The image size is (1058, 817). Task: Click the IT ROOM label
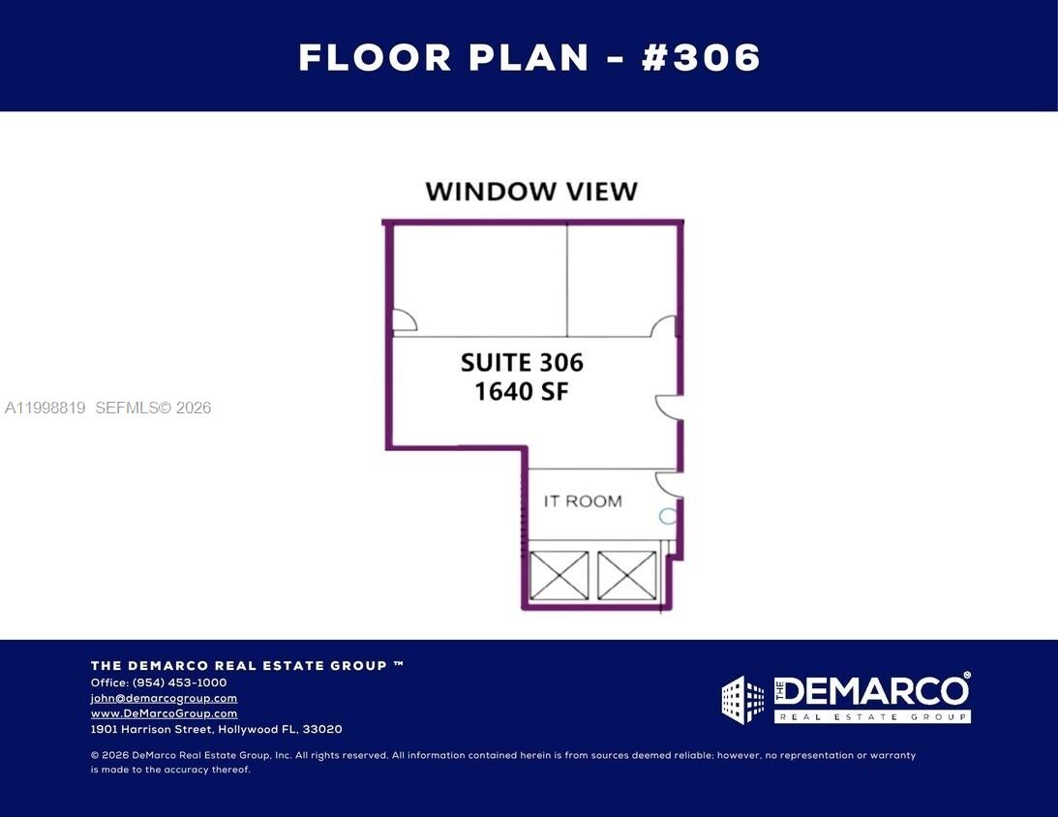pyautogui.click(x=582, y=500)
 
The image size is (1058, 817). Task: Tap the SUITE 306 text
pyautogui.click(x=522, y=363)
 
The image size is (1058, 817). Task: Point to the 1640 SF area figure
pyautogui.click(x=522, y=391)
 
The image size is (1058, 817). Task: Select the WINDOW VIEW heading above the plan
pyautogui.click(x=531, y=191)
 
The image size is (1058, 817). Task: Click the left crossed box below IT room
pyautogui.click(x=559, y=575)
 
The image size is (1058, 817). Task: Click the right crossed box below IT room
pyautogui.click(x=626, y=575)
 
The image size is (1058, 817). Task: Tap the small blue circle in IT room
pyautogui.click(x=667, y=517)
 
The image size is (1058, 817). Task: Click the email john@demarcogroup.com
pyautogui.click(x=164, y=698)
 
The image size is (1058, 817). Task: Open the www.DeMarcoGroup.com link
pyautogui.click(x=164, y=713)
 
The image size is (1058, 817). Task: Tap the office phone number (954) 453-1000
pyautogui.click(x=179, y=682)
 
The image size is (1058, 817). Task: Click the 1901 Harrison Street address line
pyautogui.click(x=216, y=729)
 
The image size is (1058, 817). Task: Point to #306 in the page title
pyautogui.click(x=702, y=57)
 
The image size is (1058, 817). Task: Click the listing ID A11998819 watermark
pyautogui.click(x=45, y=408)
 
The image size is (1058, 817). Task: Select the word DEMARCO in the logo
pyautogui.click(x=871, y=691)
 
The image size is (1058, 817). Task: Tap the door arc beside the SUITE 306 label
pyautogui.click(x=668, y=408)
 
